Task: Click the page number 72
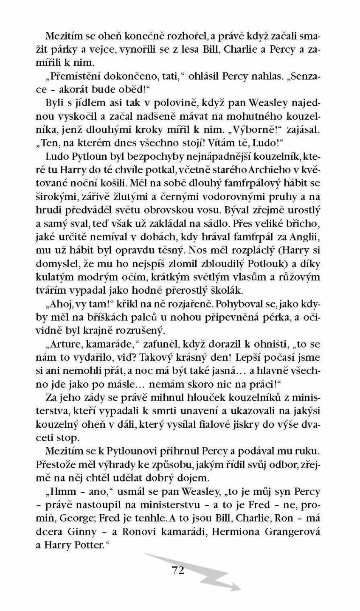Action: [178, 569]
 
